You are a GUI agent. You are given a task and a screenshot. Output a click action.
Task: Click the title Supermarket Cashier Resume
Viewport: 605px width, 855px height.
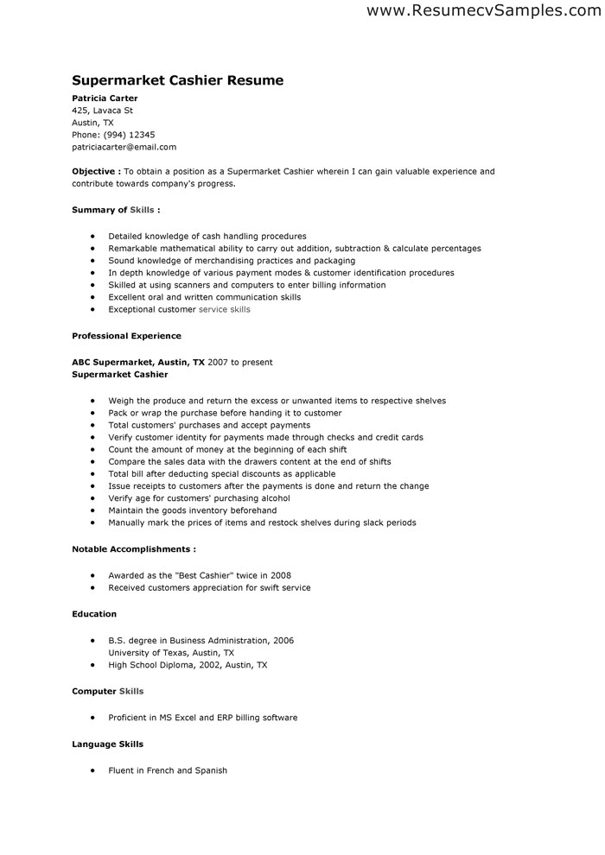pyautogui.click(x=177, y=80)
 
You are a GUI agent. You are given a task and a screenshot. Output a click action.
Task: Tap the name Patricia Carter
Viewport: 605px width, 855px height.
pyautogui.click(x=105, y=98)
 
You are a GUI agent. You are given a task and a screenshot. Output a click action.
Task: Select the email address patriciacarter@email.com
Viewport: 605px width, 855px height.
pyautogui.click(x=124, y=147)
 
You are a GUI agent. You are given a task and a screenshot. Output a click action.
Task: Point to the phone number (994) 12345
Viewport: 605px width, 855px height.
pyautogui.click(x=130, y=135)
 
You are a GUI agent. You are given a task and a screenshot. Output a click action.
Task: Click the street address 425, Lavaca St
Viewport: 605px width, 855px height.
pyautogui.click(x=102, y=111)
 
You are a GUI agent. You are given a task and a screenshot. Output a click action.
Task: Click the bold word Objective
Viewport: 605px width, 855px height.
pyautogui.click(x=94, y=172)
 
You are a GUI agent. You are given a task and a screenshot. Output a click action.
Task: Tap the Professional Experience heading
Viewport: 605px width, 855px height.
pyautogui.click(x=126, y=335)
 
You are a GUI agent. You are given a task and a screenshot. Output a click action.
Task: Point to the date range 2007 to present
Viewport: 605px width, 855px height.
pyautogui.click(x=240, y=363)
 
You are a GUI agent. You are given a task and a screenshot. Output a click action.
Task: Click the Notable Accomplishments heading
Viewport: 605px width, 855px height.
pyautogui.click(x=133, y=548)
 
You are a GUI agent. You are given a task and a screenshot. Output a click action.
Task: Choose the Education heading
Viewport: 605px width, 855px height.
pyautogui.click(x=94, y=614)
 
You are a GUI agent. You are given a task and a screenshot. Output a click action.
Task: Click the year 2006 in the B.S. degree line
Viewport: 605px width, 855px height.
pyautogui.click(x=283, y=641)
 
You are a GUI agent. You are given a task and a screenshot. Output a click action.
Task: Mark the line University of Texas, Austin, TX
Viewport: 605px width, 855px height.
pyautogui.click(x=171, y=653)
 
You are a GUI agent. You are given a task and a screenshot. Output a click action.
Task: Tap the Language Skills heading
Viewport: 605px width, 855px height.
pyautogui.click(x=107, y=744)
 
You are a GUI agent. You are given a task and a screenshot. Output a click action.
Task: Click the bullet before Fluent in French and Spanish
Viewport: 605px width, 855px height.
pyautogui.click(x=91, y=770)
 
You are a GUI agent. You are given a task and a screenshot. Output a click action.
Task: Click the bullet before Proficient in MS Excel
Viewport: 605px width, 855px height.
pyautogui.click(x=91, y=718)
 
